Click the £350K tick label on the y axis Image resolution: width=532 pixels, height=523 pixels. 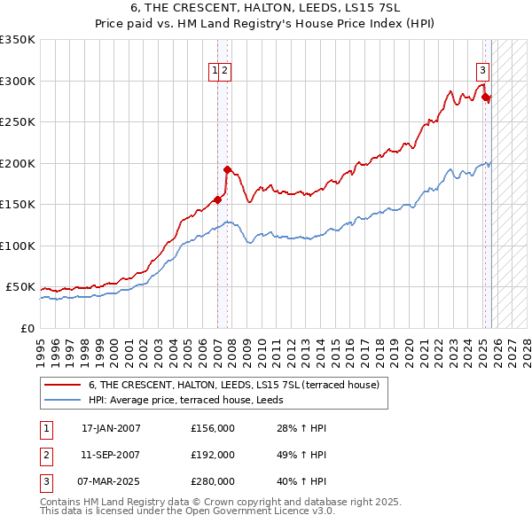18,40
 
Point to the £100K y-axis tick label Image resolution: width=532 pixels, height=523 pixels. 18,246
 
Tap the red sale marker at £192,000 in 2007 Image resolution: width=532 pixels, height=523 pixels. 228,169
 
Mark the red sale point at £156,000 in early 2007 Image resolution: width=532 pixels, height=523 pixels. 217,199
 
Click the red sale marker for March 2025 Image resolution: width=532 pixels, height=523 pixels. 486,98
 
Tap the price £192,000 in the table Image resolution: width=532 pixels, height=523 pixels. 213,455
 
